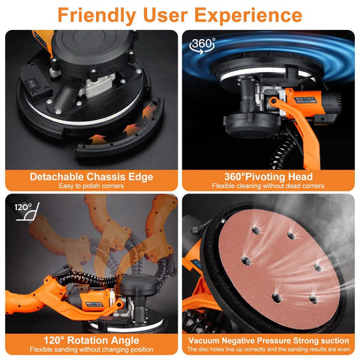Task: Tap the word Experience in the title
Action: (x=247, y=14)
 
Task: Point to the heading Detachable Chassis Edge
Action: (x=91, y=176)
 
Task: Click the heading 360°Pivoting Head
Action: (x=268, y=176)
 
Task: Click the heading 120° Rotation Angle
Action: (x=91, y=340)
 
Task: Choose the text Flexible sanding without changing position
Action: (x=91, y=349)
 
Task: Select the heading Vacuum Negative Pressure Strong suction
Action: (x=268, y=340)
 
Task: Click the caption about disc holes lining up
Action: (x=268, y=349)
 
